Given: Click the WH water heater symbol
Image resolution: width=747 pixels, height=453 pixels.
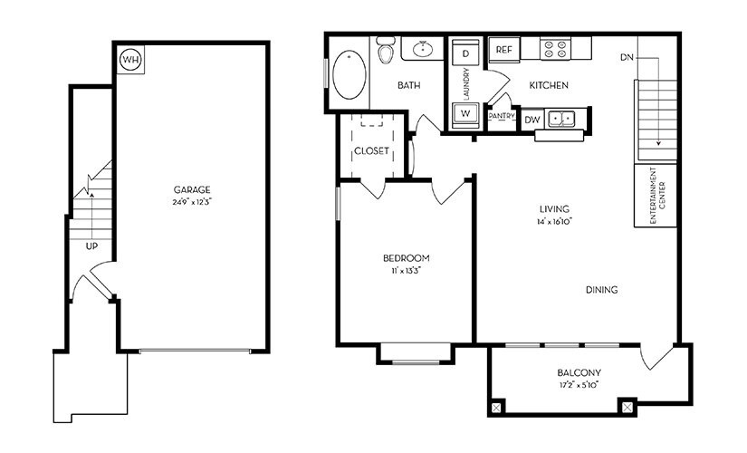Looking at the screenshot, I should [x=131, y=60].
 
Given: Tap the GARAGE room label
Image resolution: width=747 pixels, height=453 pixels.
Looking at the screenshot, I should [x=193, y=189].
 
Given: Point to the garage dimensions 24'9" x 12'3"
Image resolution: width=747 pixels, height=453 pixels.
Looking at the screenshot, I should [x=193, y=201].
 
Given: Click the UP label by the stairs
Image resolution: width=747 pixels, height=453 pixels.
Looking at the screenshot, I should [x=92, y=246].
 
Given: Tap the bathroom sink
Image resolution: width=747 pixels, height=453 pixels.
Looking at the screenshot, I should [x=420, y=49].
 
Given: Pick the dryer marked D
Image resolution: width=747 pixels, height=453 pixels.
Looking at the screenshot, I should [x=465, y=53].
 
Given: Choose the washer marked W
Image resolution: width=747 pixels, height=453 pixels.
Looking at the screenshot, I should [x=464, y=113].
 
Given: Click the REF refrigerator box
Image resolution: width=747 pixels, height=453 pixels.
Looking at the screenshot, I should [x=503, y=50].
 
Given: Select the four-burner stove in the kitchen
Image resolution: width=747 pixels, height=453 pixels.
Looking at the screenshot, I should [x=553, y=50].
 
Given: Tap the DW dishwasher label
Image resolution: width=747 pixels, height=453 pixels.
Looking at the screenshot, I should [x=532, y=119].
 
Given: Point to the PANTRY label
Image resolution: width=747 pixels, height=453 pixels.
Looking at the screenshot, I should [x=501, y=116].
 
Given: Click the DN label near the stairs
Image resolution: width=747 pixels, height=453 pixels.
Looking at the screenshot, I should [x=627, y=57].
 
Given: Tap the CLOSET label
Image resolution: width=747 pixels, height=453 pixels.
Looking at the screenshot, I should [x=371, y=150].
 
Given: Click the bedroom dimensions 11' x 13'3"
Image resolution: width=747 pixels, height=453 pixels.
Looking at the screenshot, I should [x=406, y=269].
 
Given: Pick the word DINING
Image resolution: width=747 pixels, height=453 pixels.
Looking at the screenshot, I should [x=601, y=290].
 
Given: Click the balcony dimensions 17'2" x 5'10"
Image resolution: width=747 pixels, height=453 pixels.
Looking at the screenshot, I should [x=580, y=385].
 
